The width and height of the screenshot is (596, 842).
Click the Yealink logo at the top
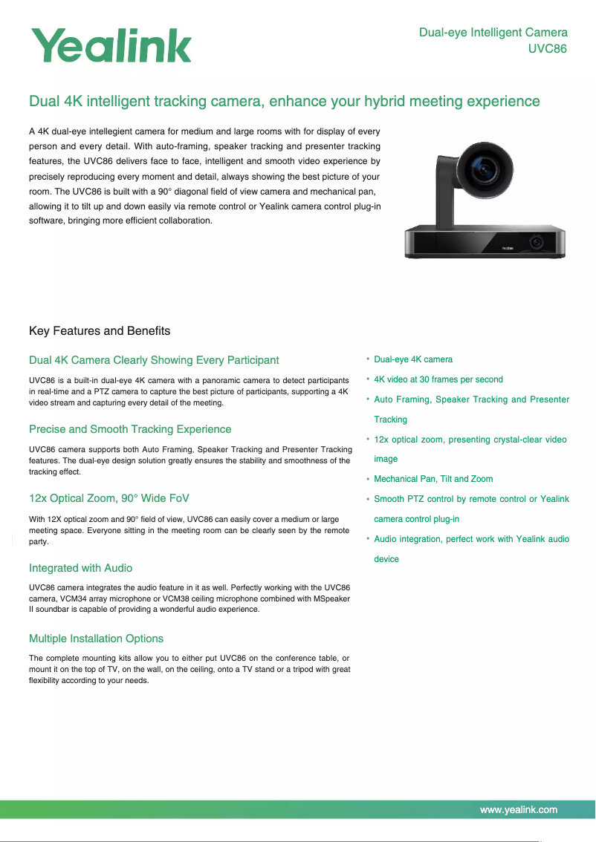[x=111, y=45]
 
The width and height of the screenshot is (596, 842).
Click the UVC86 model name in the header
[x=547, y=50]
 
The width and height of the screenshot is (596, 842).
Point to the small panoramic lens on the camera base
[x=535, y=243]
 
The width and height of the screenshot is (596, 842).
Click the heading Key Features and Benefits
[x=100, y=330]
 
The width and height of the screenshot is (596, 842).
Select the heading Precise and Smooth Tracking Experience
[x=130, y=429]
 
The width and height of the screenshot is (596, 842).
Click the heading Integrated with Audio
[x=80, y=568]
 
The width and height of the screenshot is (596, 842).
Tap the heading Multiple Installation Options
[x=96, y=639]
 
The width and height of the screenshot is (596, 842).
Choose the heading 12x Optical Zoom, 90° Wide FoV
[x=114, y=497]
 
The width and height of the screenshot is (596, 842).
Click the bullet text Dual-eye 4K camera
[x=413, y=359]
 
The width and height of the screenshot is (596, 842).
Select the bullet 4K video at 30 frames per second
[x=438, y=379]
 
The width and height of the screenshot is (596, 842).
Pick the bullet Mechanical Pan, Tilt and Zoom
[x=433, y=479]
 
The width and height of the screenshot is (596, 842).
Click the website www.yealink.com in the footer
[x=519, y=810]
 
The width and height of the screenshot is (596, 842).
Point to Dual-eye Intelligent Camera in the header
[x=493, y=33]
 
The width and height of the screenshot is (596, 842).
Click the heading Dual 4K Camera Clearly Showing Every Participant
[x=154, y=360]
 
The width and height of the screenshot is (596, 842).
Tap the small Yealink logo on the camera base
[x=508, y=249]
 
